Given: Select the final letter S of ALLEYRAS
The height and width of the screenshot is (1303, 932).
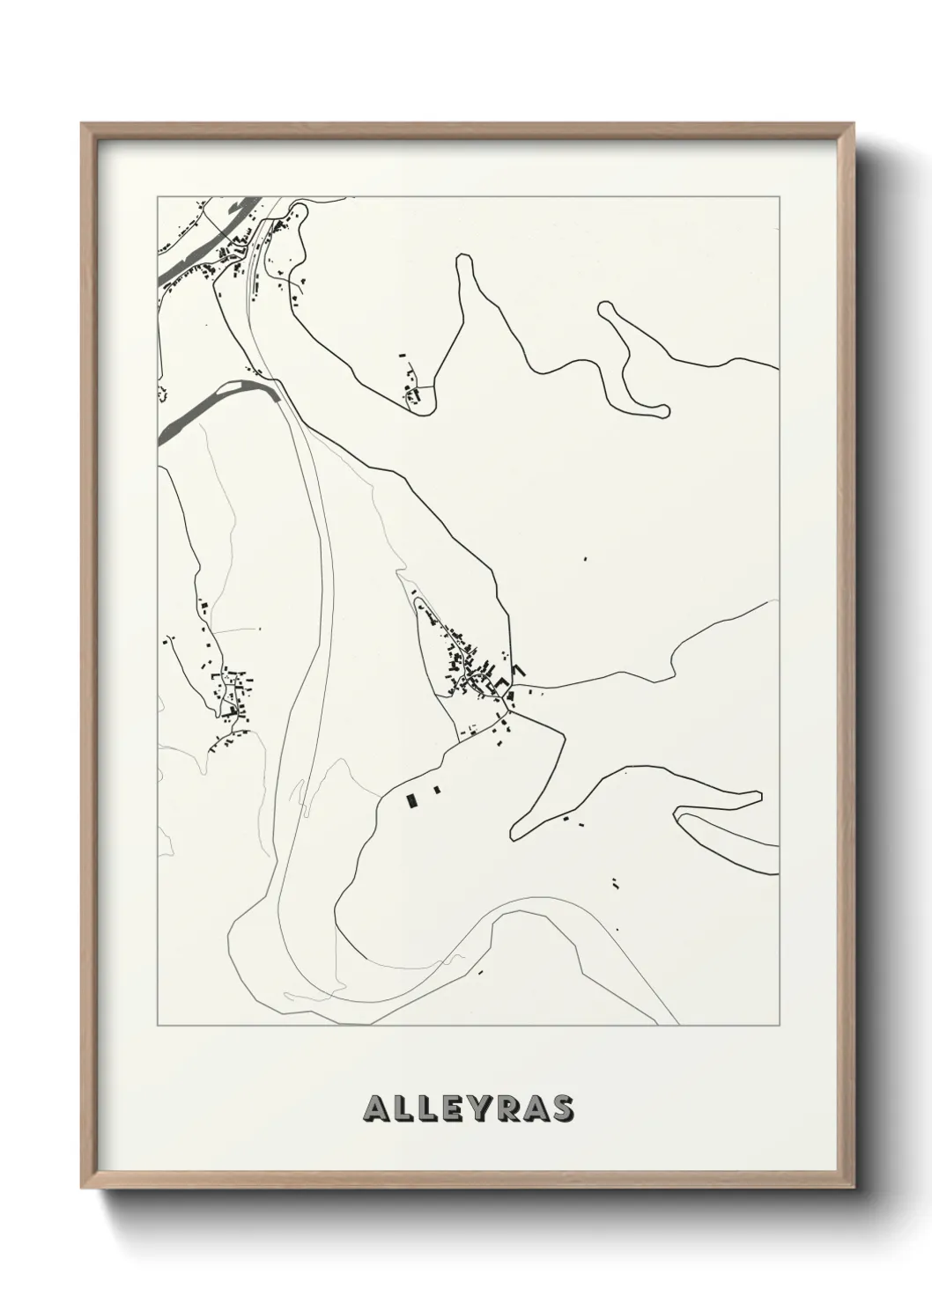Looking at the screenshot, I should tap(562, 1108).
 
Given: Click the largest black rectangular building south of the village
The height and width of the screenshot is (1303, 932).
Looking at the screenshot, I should tap(411, 800).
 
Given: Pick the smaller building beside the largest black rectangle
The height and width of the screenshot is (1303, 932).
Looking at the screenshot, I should tap(436, 791).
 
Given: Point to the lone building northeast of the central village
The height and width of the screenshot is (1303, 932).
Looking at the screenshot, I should tap(584, 558).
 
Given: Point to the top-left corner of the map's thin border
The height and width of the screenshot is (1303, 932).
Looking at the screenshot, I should tap(158, 196).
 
